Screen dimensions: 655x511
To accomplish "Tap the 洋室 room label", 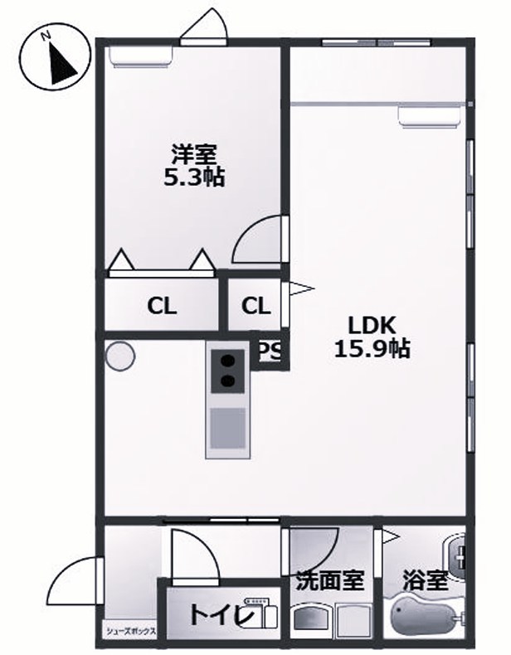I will point(194,154).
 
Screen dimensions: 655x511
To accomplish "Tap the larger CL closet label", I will point(162,306).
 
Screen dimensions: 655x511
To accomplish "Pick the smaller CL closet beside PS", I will point(255,306).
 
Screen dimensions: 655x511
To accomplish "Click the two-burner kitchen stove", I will point(226,371).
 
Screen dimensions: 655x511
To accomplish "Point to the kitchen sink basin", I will point(226,428).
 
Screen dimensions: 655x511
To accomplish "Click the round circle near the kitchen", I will point(119,356).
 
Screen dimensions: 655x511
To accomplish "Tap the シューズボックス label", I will point(131,632).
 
